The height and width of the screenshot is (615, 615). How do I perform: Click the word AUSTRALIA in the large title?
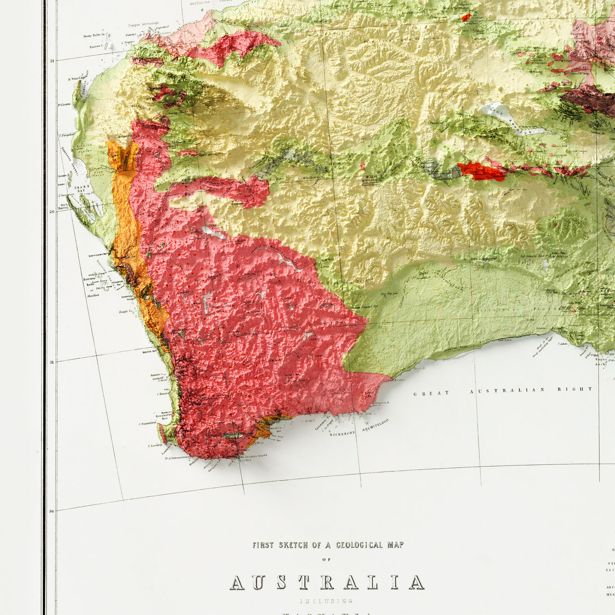click(x=327, y=582)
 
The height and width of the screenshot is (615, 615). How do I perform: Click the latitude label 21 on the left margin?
click(x=52, y=61)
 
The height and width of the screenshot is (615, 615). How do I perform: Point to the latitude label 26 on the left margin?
click(x=52, y=212)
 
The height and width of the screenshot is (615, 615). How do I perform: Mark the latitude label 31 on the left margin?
click(x=52, y=362)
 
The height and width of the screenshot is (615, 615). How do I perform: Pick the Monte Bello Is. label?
click(x=94, y=36)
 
